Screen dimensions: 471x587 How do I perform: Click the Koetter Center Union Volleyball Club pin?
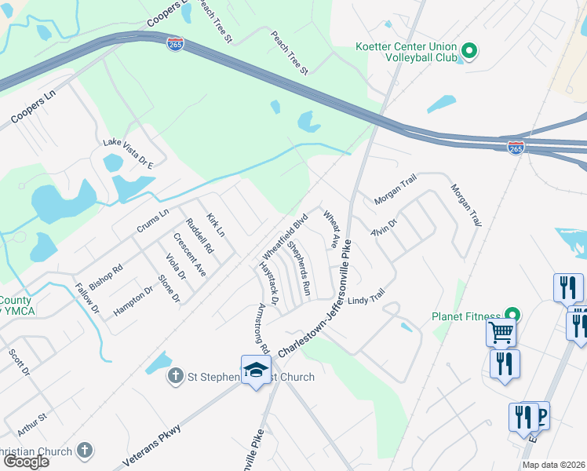pos(469,53)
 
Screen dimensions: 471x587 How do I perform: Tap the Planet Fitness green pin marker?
pos(514,317)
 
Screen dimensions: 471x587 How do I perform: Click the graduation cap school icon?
pos(256,371)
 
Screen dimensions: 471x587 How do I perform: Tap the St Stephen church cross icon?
pos(176,377)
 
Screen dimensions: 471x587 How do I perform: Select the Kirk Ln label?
pos(215,225)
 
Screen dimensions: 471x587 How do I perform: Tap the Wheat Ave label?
pos(330,228)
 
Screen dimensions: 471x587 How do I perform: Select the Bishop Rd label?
pos(106,277)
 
